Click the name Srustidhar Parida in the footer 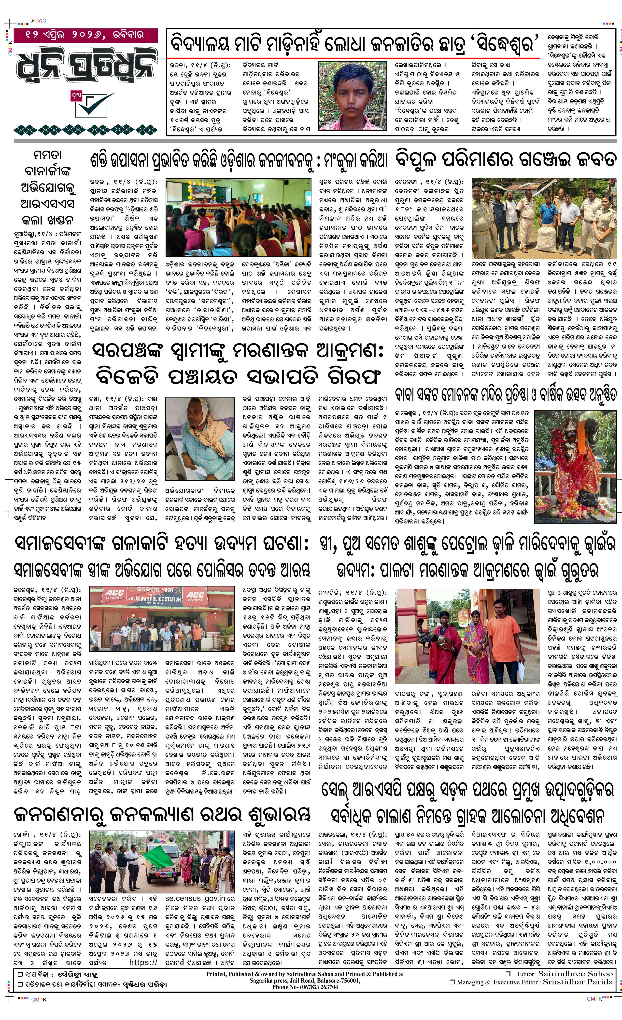coord(578,982)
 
